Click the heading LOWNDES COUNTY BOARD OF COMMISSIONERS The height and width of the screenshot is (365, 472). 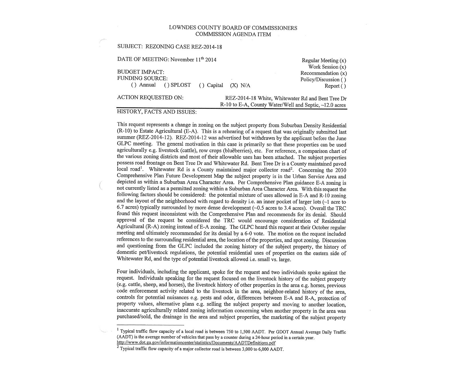233,28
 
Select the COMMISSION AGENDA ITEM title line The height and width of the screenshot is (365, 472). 233,34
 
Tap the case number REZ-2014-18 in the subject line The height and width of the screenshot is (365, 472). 206,47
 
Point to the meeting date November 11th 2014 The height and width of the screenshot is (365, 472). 193,60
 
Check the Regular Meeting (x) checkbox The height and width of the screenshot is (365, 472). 343,60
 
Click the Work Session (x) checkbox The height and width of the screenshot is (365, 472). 343,67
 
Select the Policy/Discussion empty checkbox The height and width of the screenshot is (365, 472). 343,80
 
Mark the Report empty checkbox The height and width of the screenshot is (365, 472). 343,86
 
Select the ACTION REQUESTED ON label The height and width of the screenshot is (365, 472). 150,97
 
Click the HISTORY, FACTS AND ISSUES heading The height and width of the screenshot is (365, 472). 157,112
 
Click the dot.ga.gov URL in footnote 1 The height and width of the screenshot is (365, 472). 196,343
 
